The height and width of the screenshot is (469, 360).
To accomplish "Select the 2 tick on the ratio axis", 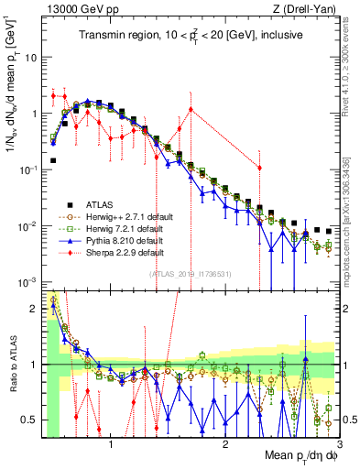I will pyautogui.click(x=33, y=308).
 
